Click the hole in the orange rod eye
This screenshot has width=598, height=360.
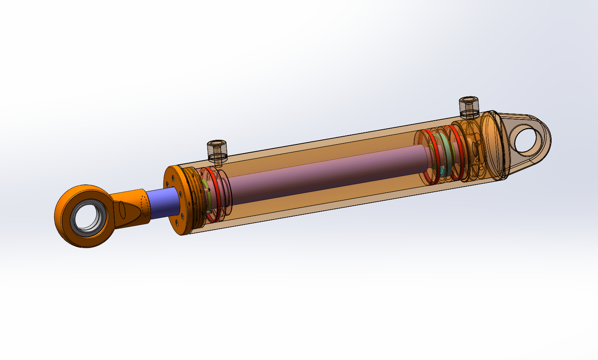point(88,217)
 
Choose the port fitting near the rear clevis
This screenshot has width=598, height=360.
point(468,107)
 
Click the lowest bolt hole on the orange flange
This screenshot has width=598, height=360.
point(178,223)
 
